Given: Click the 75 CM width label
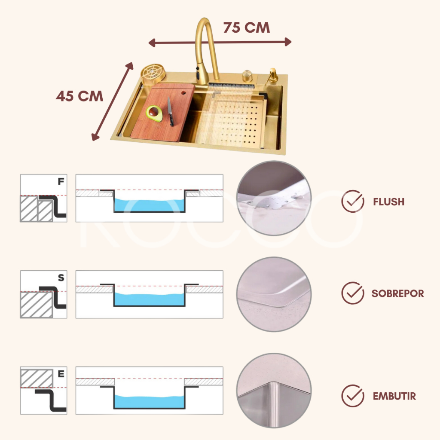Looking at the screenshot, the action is tap(246, 28).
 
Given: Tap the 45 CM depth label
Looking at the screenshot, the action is tap(79, 96).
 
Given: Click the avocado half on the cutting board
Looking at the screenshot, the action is tap(154, 113).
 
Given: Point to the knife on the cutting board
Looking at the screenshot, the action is tap(170, 111).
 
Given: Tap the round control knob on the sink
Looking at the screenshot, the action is tap(247, 75).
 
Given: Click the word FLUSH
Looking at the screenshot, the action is tap(388, 202).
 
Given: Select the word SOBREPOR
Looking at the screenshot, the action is tap(397, 293).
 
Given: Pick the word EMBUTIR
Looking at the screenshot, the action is tap(394, 396).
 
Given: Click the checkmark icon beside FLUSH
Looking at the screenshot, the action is tap(353, 201).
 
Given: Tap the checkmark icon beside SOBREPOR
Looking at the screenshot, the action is tap(353, 293).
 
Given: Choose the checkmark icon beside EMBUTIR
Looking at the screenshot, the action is tap(353, 396).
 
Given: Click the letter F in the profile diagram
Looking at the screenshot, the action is tap(61, 182).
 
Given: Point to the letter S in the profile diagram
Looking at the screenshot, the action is tap(61, 278).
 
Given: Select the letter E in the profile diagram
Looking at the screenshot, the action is tap(61, 374).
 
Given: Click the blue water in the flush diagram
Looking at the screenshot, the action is tap(149, 205).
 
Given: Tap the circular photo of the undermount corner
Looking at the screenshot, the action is tap(274, 390).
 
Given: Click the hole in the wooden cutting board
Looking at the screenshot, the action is tap(183, 93).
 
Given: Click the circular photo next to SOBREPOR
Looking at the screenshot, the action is tap(274, 294).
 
